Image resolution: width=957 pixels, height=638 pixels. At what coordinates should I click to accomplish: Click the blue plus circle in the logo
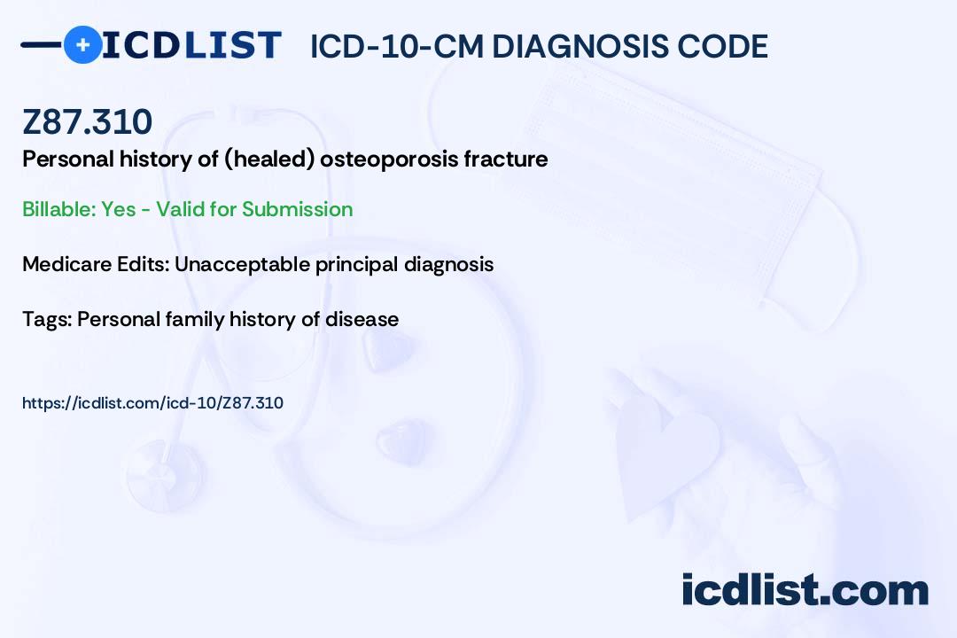tap(83, 44)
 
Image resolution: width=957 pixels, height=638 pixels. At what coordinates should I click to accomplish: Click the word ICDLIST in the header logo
tap(191, 45)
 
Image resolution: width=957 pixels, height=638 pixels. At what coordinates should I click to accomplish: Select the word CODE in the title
tap(715, 46)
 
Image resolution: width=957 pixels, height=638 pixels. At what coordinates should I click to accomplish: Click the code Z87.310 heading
tap(87, 121)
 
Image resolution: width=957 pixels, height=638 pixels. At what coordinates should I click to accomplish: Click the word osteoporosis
tap(389, 160)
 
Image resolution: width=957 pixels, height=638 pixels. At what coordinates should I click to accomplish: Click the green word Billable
tap(59, 209)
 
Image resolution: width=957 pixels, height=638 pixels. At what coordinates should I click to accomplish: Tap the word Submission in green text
tap(297, 209)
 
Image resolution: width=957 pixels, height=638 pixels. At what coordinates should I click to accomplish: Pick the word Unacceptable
tap(242, 264)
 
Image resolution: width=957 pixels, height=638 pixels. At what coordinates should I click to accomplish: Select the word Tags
tap(47, 319)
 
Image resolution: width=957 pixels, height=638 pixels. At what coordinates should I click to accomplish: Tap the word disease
tap(362, 319)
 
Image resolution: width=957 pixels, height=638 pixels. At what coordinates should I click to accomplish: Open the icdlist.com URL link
tap(152, 403)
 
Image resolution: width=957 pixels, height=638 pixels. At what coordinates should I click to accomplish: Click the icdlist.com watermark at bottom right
tap(805, 589)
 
